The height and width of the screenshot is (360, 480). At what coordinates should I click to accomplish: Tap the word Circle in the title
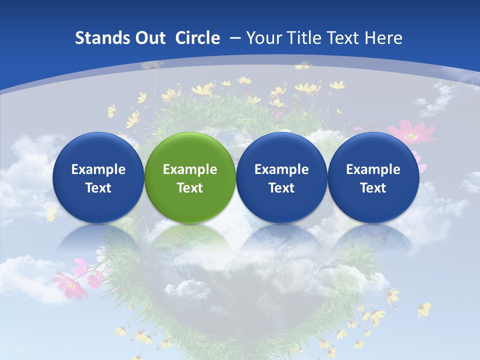pos(197,38)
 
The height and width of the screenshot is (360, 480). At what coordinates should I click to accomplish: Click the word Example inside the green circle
pos(190,169)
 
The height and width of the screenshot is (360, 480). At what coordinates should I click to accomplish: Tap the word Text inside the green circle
pos(190,188)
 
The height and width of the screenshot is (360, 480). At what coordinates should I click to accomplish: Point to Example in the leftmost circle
pos(98,169)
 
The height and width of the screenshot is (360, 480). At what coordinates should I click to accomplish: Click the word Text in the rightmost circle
pos(373,188)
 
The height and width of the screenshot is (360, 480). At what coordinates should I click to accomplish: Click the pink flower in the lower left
pos(70,285)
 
